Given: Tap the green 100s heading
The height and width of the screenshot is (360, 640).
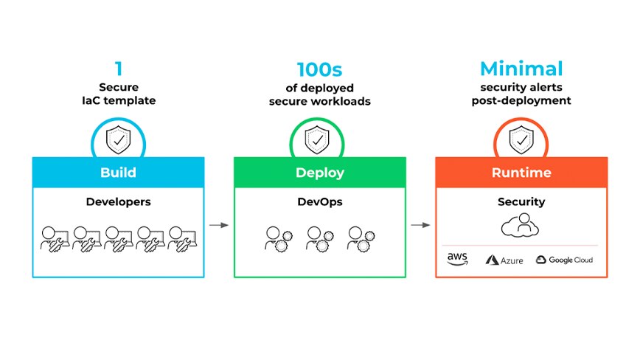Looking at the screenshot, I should click(x=319, y=70).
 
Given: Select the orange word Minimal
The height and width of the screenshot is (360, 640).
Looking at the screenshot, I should click(x=521, y=69).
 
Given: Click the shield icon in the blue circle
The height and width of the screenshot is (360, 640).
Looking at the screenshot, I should click(x=118, y=139).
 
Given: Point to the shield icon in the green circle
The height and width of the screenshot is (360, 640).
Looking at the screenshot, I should click(x=319, y=139).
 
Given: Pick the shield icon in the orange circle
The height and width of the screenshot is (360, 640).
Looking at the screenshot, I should click(x=521, y=139).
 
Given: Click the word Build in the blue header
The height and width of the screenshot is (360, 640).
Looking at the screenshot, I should click(x=118, y=173).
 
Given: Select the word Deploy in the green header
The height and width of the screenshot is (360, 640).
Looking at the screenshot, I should click(x=319, y=173).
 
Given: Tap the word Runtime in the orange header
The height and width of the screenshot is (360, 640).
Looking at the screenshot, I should click(x=521, y=173).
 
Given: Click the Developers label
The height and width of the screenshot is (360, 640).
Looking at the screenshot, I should click(x=118, y=201).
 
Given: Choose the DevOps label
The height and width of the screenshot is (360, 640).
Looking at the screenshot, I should click(x=319, y=201).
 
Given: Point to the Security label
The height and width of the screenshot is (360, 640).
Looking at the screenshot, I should click(x=521, y=201).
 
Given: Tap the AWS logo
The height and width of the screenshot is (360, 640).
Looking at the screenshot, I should click(x=457, y=259).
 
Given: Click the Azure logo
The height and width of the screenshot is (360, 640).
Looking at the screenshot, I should click(x=504, y=260).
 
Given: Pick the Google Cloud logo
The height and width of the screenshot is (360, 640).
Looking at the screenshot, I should click(x=564, y=260).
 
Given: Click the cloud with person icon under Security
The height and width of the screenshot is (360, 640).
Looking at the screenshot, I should click(x=521, y=226).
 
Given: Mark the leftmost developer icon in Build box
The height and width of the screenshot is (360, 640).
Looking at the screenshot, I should click(x=54, y=237).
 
